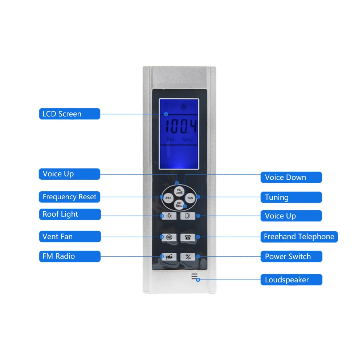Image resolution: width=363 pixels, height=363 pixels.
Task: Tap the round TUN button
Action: tap(190, 198)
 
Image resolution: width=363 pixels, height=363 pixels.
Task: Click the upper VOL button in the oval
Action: tap(178, 190)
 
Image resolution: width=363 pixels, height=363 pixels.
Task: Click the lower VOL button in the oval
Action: tap(179, 204)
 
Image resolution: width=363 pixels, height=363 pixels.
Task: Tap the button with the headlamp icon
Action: tap(188, 216)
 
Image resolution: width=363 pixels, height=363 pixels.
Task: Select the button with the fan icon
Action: tap(169, 237)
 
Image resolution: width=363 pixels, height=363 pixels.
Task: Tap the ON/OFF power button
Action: tap(188, 257)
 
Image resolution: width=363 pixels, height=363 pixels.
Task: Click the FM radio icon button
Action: tap(169, 257)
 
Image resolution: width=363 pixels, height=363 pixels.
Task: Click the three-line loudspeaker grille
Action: tap(195, 277)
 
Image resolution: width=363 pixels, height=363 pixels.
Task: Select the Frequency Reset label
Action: tap(69, 197)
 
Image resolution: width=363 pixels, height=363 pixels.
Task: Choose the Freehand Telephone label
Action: tap(299, 237)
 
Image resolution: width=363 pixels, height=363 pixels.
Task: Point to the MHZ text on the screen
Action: tap(188, 140)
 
